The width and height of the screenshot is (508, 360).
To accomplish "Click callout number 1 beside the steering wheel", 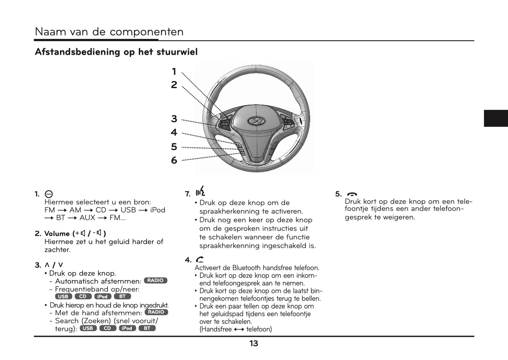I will [174, 72].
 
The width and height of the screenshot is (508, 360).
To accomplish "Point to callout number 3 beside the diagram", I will [174, 119].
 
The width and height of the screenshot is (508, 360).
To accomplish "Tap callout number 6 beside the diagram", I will [174, 160].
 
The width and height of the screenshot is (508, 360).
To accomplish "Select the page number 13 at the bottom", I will [254, 343].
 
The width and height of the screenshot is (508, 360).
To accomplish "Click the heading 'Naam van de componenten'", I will [109, 32].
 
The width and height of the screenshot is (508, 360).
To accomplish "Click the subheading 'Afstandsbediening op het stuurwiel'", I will [116, 52].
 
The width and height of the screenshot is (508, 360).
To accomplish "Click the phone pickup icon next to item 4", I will [200, 260].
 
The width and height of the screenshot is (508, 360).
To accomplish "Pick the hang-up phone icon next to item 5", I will [352, 194].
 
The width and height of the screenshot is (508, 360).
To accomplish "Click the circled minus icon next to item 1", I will [49, 194].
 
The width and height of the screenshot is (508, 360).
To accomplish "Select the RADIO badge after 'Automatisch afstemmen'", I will [155, 280].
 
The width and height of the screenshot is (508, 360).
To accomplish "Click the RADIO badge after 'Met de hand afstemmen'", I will [156, 312].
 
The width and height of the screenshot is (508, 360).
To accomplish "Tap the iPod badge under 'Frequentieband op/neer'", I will [103, 296].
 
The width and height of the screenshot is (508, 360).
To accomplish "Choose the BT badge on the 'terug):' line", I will [147, 328].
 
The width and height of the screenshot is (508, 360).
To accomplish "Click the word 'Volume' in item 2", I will [57, 234].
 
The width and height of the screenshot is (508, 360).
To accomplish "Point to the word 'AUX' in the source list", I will [87, 218].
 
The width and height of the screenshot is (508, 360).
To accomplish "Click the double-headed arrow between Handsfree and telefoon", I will [239, 329].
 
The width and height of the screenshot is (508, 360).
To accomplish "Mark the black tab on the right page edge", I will [496, 118].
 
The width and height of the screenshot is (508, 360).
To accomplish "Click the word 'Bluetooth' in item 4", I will [246, 268].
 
